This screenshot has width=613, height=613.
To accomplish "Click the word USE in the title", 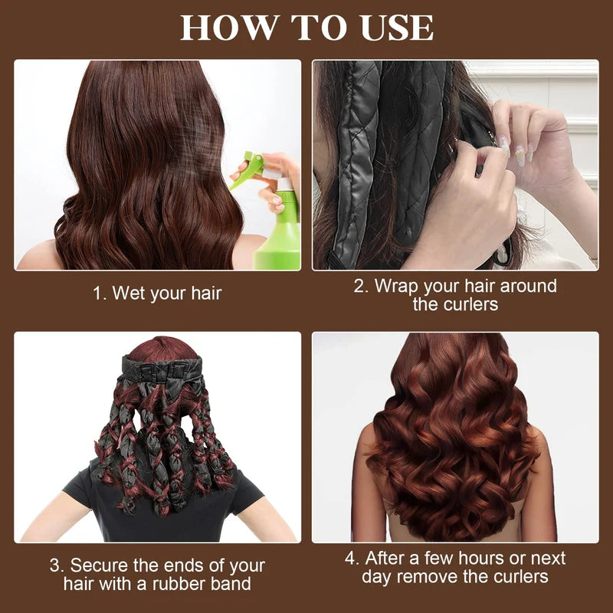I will point(395,28).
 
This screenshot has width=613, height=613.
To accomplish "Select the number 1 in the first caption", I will point(97,293).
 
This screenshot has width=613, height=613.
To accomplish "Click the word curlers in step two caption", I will point(469,304).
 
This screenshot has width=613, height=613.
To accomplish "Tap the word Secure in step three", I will point(99,566).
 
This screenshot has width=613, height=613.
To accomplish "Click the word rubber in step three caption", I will point(183,585).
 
